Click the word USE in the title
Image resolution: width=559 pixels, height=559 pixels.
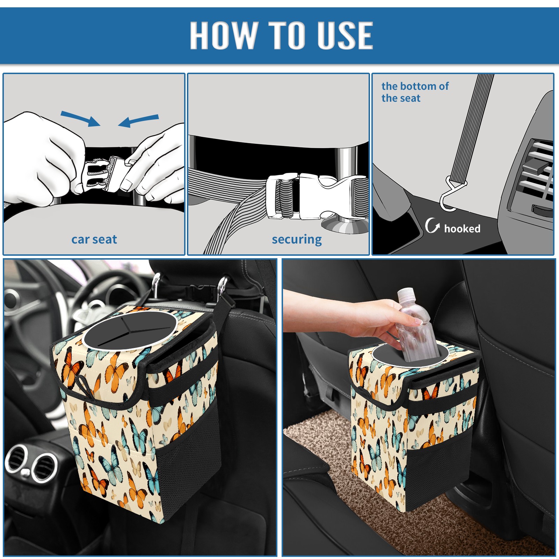(345, 35)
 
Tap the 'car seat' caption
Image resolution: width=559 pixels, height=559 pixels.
(94, 239)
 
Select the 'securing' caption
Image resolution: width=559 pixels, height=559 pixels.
(297, 240)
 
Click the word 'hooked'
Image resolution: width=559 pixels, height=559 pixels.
(462, 228)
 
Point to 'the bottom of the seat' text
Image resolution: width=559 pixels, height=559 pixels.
(415, 92)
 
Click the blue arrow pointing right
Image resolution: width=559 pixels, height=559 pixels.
(81, 118)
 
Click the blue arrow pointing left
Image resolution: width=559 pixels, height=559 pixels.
(139, 121)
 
